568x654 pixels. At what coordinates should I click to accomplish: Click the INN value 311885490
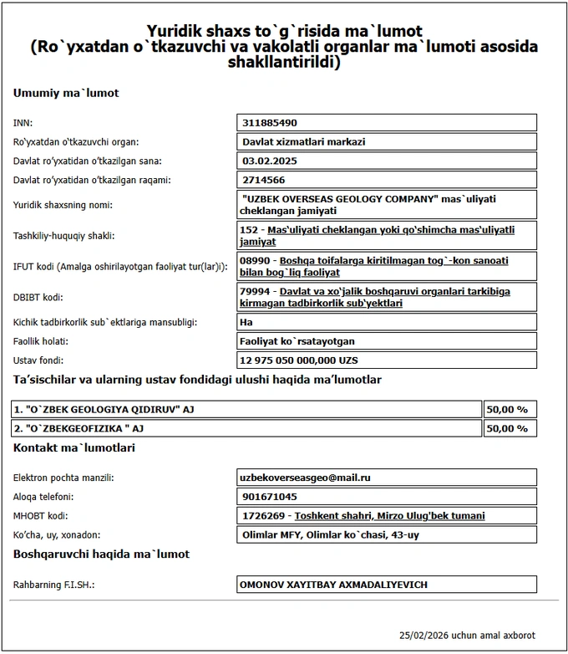pos(269,123)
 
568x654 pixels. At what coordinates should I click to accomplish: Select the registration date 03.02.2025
pos(264,161)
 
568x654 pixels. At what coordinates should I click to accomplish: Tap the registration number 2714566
pos(262,180)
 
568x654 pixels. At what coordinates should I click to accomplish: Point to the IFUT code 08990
pos(254,261)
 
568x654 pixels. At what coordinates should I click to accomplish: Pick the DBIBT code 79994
pos(254,291)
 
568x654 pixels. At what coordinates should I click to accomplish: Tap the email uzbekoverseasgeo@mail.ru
pos(304,478)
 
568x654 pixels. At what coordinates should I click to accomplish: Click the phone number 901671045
pos(267,497)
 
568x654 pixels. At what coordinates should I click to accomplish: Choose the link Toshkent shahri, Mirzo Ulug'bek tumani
pos(389,516)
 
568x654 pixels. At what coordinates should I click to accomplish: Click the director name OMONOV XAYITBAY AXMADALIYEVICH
pos(337,585)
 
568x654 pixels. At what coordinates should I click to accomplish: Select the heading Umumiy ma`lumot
pos(66,93)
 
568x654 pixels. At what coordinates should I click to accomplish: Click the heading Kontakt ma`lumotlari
pos(74,448)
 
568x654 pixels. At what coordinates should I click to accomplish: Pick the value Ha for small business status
pos(246,322)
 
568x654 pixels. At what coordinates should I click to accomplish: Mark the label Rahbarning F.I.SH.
pos(53,585)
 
